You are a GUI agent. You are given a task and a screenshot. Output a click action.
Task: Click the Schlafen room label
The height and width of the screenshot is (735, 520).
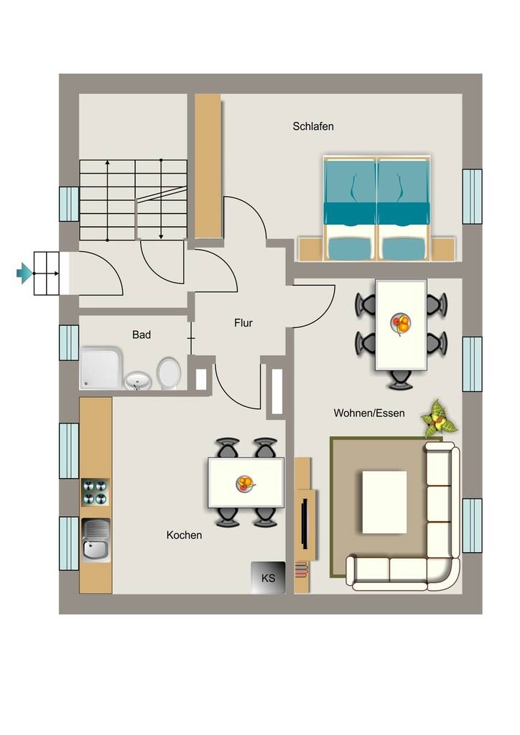(313, 126)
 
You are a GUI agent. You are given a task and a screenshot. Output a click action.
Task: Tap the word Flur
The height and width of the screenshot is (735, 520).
(243, 323)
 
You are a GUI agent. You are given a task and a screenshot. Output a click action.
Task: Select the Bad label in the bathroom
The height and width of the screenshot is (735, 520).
(141, 334)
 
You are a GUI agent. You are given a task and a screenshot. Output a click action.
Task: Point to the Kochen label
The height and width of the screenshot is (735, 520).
(185, 535)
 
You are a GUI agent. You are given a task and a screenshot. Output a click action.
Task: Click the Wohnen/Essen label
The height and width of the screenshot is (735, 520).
(369, 413)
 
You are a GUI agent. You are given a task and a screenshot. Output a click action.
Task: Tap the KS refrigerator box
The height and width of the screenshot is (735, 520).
(268, 578)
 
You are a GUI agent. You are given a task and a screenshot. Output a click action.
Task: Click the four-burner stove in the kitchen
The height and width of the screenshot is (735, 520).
(96, 492)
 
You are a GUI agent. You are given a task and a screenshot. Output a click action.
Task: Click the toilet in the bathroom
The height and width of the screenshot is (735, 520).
(169, 373)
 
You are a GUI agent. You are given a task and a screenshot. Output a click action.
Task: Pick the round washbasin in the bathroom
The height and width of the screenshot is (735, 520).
(137, 380)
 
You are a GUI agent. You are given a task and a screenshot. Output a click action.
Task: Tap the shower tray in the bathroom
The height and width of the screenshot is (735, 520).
(101, 367)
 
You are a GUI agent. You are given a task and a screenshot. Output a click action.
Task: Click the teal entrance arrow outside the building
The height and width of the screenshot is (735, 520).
(24, 273)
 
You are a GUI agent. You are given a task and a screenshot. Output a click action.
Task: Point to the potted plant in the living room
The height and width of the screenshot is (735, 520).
(439, 418)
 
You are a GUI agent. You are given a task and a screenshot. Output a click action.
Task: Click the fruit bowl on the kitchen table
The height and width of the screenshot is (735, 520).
(245, 483)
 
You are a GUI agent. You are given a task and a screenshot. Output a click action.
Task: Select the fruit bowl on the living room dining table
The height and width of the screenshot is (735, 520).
(401, 323)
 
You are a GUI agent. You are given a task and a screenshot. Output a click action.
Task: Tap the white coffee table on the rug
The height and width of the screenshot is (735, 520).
(384, 502)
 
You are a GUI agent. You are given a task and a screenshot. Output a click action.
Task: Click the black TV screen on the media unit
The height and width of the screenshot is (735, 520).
(305, 523)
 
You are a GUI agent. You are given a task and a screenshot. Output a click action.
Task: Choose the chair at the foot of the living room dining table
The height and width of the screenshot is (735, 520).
(401, 379)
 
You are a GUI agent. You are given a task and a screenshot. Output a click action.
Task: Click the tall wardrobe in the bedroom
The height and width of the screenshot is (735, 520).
(208, 166)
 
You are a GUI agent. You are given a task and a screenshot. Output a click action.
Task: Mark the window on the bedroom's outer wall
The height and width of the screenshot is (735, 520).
(472, 197)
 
